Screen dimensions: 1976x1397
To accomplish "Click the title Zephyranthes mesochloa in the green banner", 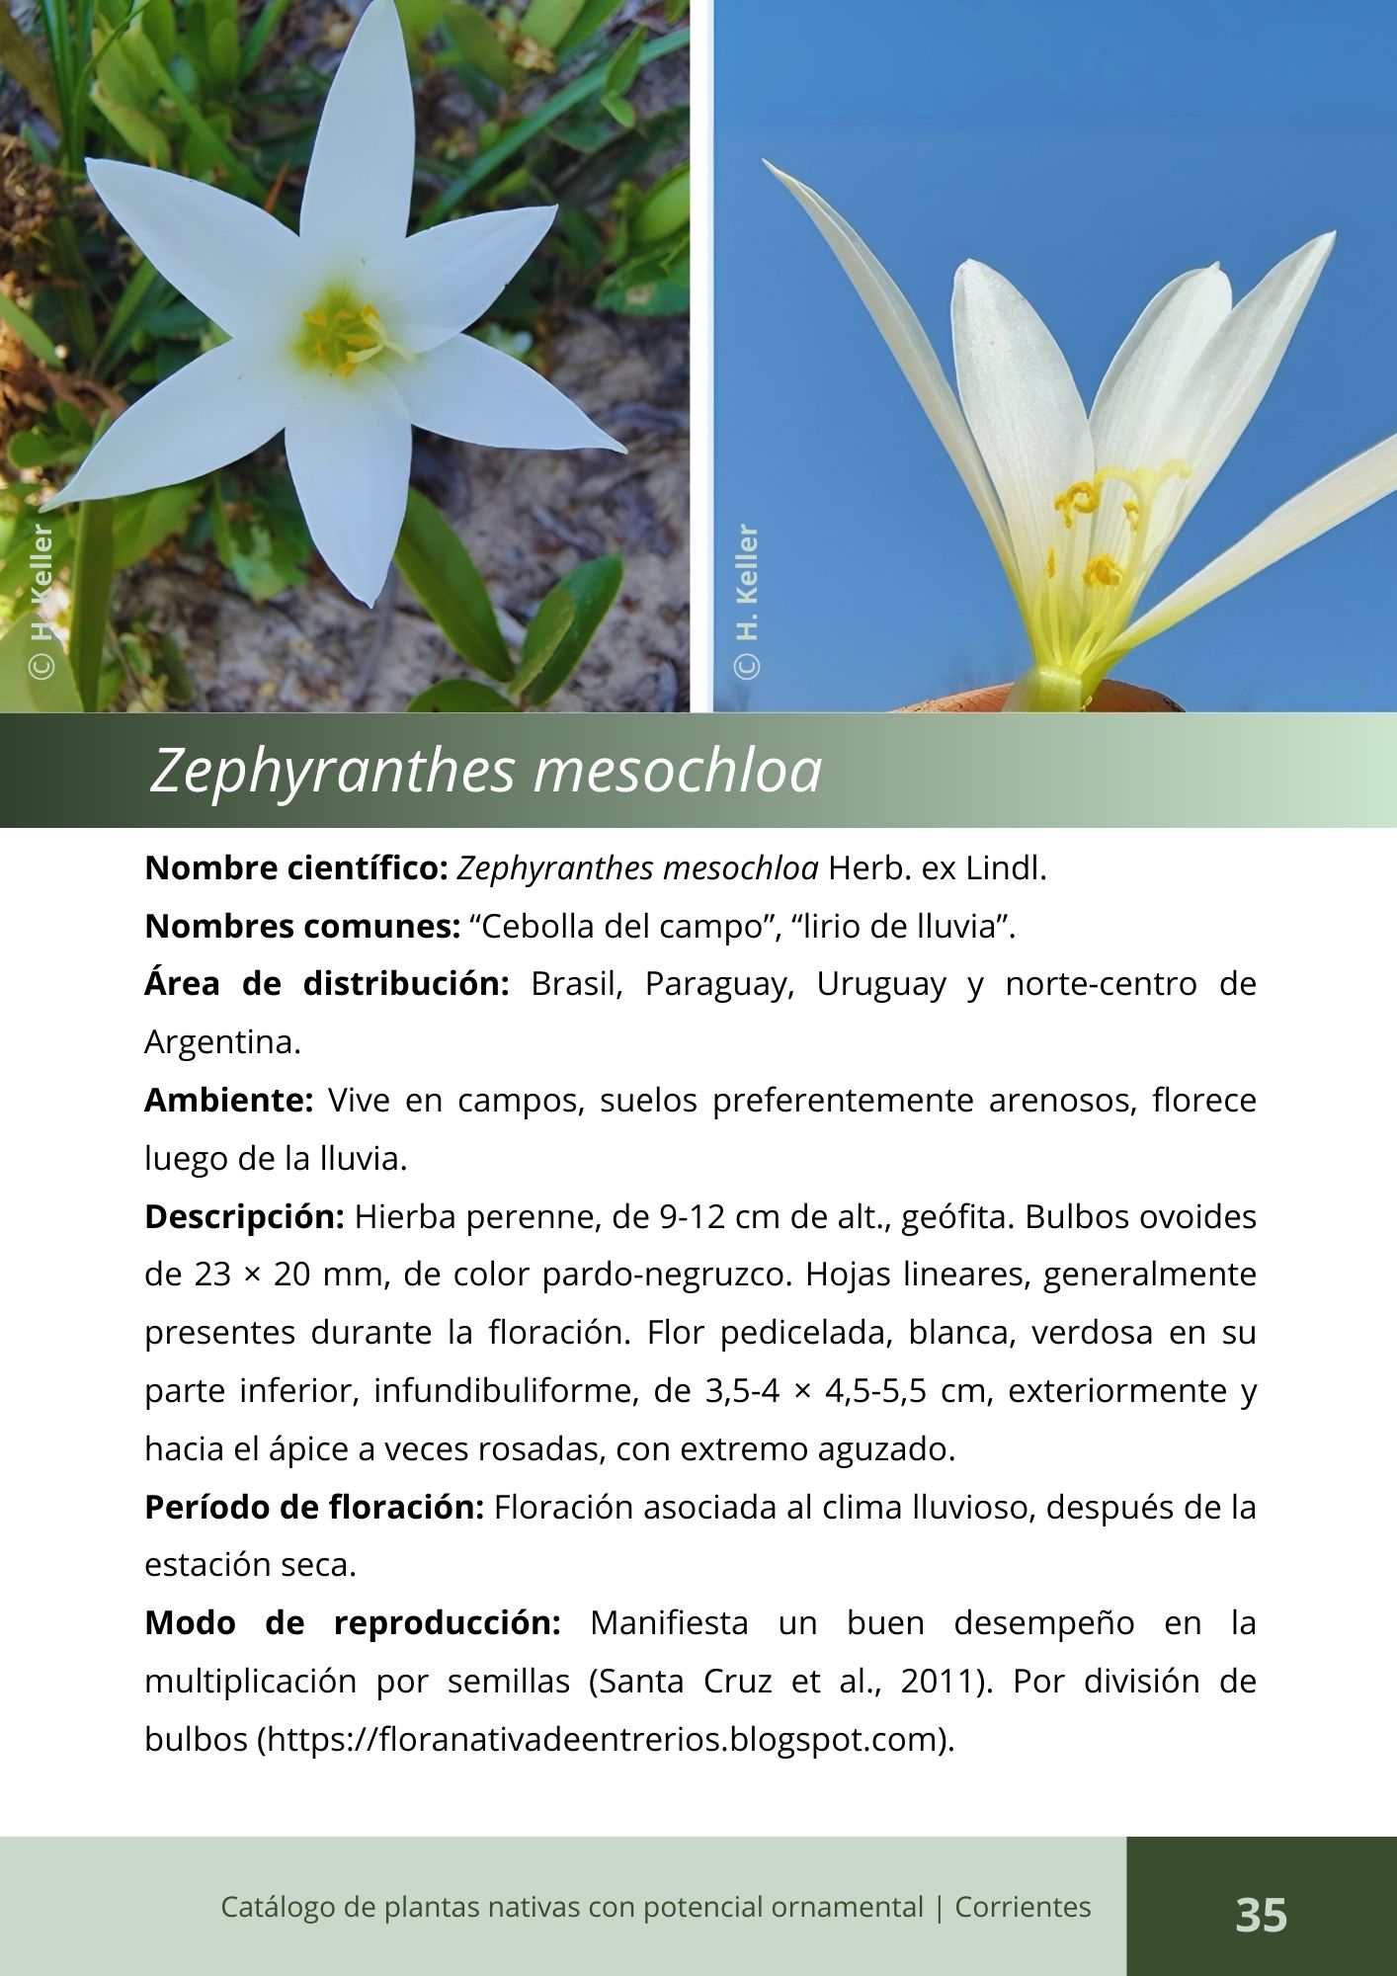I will tap(485, 771).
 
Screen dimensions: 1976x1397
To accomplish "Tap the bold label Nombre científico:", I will tap(296, 868).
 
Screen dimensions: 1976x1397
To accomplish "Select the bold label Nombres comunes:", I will tap(302, 927).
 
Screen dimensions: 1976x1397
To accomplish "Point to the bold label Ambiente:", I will tap(228, 1100).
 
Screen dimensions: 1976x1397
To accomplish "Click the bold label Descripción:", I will tap(244, 1216).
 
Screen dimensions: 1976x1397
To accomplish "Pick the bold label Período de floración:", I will tap(313, 1507).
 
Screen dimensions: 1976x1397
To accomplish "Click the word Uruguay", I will tap(881, 985).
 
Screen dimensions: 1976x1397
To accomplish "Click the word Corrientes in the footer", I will tap(1023, 1907).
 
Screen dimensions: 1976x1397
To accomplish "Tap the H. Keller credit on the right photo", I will tap(748, 600).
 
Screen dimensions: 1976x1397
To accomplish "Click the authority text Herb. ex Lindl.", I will tap(937, 868).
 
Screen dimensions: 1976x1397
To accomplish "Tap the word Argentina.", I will tap(221, 1042).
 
